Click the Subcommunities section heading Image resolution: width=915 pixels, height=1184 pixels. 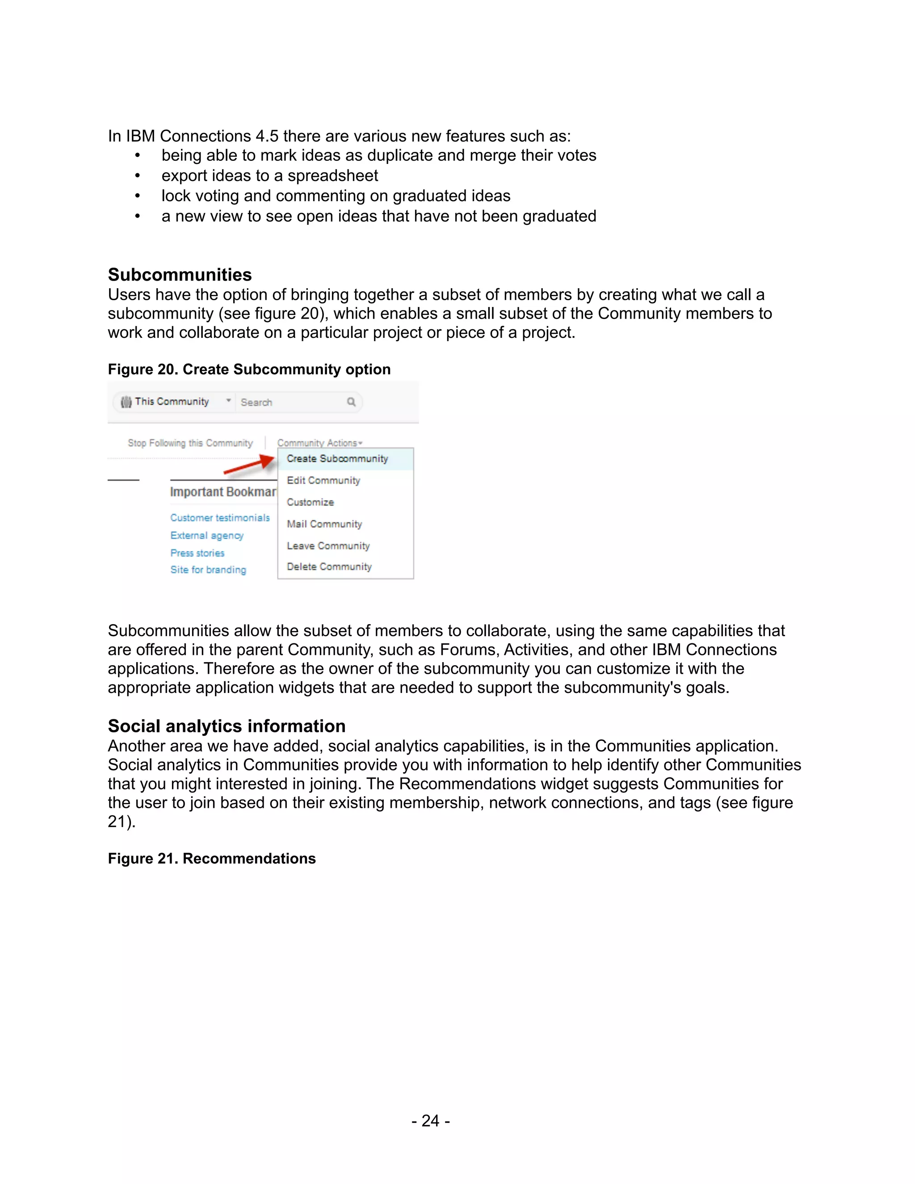pyautogui.click(x=180, y=275)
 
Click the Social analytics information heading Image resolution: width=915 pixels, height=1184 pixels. pyautogui.click(x=227, y=726)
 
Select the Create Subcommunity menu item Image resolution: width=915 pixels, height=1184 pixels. pyautogui.click(x=337, y=459)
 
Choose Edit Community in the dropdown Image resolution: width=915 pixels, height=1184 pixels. pyautogui.click(x=323, y=480)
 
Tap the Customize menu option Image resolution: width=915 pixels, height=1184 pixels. pyautogui.click(x=310, y=502)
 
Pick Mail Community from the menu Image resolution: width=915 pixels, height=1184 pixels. pyautogui.click(x=324, y=524)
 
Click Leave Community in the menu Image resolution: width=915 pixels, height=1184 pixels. pyautogui.click(x=328, y=546)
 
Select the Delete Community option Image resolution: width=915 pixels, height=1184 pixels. pyautogui.click(x=329, y=567)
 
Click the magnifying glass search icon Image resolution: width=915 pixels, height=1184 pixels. pyautogui.click(x=351, y=402)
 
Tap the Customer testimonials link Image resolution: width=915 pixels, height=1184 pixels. pyautogui.click(x=219, y=518)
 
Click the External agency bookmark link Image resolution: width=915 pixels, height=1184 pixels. pyautogui.click(x=206, y=536)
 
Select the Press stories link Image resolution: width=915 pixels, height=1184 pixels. pyautogui.click(x=197, y=553)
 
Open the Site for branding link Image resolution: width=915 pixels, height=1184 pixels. pyautogui.click(x=208, y=570)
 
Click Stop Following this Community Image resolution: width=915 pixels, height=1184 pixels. pyautogui.click(x=190, y=443)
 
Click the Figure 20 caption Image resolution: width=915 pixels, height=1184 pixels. pyautogui.click(x=249, y=369)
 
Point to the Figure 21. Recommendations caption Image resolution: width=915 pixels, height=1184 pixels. pyautogui.click(x=211, y=858)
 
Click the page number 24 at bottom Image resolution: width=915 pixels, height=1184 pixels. pyautogui.click(x=430, y=1121)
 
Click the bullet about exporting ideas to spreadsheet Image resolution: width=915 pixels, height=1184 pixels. pyautogui.click(x=269, y=176)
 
